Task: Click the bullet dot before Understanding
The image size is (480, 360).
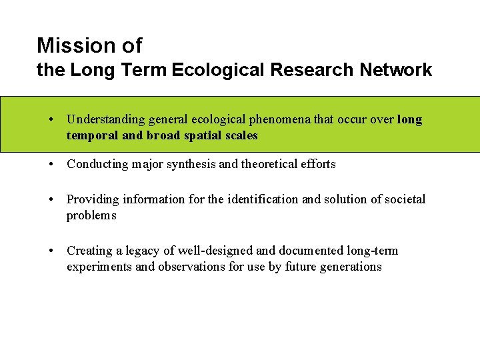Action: coord(51,120)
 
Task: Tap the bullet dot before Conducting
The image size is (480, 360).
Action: coord(51,164)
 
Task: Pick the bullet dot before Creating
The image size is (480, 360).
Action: coord(51,251)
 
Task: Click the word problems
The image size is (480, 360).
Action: coord(91,215)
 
